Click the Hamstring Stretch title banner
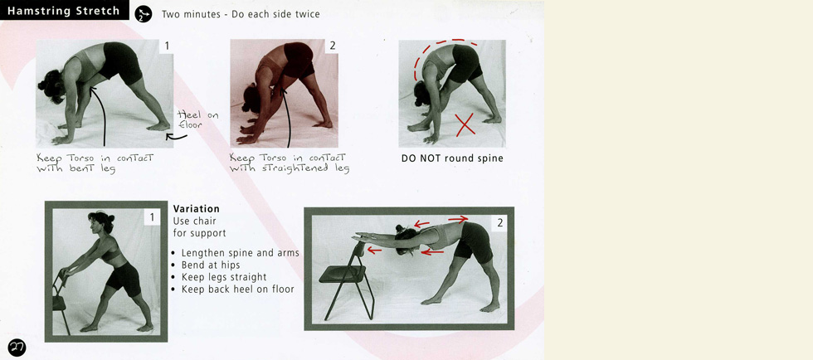point(65,11)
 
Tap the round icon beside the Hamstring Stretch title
point(143,14)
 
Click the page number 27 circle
point(17,348)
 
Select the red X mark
point(465,125)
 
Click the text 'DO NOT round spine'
point(452,158)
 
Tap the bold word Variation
point(196,209)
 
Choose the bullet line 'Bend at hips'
point(207,265)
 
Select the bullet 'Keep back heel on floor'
point(233,289)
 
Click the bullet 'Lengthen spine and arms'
point(236,253)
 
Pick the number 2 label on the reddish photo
point(333,46)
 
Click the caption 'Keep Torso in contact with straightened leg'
point(290,163)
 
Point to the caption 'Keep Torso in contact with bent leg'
point(95,163)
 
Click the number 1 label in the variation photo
point(151,216)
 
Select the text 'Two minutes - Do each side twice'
point(241,14)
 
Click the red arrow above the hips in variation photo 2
point(458,220)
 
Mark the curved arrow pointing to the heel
point(176,138)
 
